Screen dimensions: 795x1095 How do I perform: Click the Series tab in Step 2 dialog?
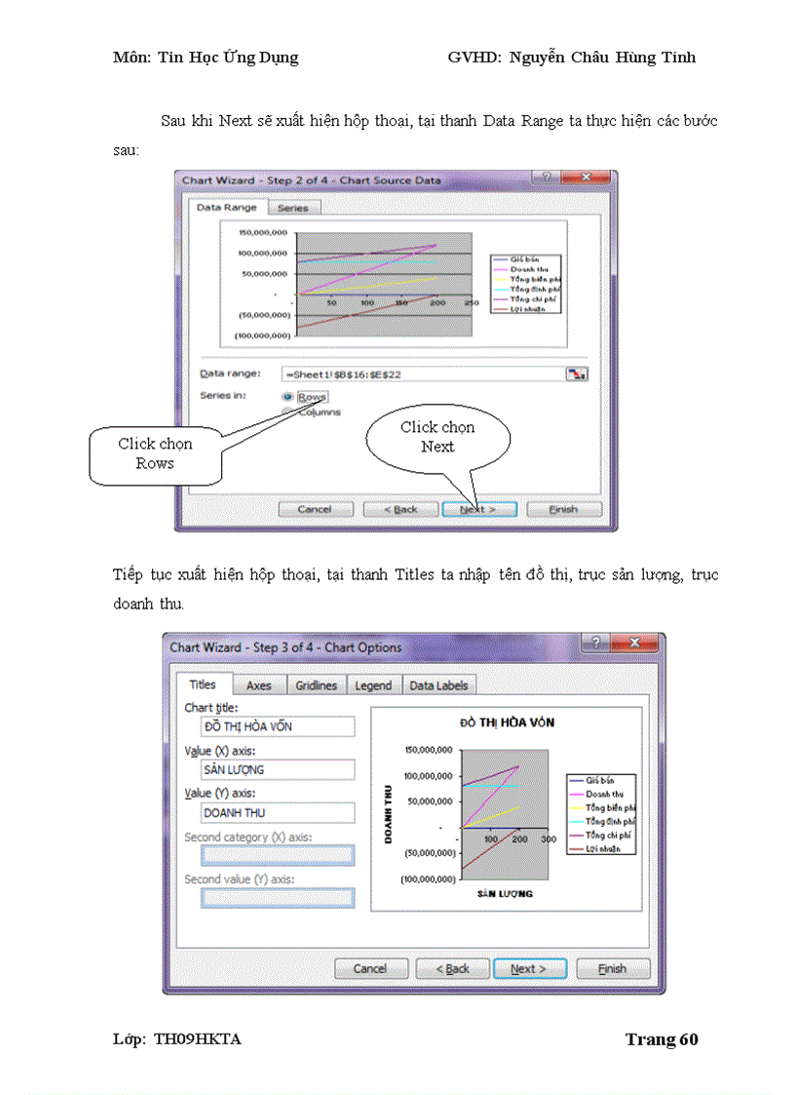[292, 208]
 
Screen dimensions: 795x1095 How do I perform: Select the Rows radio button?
[287, 397]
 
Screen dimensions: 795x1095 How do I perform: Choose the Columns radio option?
[287, 411]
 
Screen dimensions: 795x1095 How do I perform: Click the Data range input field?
[423, 373]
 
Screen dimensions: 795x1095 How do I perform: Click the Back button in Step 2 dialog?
[400, 509]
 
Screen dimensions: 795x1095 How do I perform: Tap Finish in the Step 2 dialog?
[563, 509]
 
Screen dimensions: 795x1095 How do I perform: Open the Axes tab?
[259, 685]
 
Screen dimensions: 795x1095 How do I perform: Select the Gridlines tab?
[317, 685]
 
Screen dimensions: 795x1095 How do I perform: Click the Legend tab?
[373, 685]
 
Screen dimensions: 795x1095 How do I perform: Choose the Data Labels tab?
[438, 685]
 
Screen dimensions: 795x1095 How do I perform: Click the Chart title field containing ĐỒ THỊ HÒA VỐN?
[279, 726]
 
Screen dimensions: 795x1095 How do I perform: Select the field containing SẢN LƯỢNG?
[279, 769]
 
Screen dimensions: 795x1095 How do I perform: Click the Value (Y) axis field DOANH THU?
[279, 812]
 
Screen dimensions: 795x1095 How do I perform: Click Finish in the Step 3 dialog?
[613, 968]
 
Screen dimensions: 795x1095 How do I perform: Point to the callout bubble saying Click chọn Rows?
[156, 454]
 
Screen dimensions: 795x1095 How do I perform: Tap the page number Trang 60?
[662, 1039]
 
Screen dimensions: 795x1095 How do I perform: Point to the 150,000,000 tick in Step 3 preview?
[429, 750]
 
